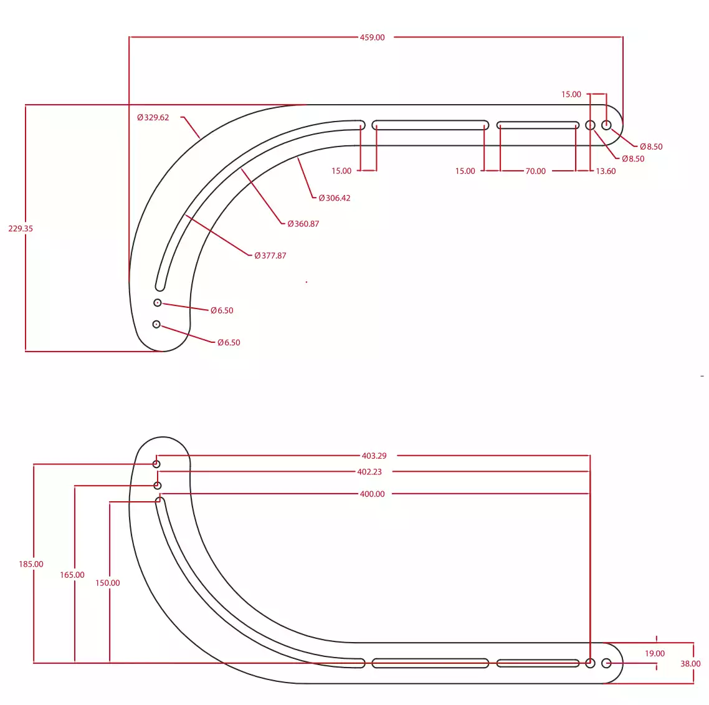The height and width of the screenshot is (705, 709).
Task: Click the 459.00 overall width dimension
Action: [x=372, y=37]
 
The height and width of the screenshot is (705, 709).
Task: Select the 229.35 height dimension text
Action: [x=21, y=229]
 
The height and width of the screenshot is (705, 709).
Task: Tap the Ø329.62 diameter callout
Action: [x=153, y=118]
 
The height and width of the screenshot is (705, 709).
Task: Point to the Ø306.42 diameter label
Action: [x=334, y=198]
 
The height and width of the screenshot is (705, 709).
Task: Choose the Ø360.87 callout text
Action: [x=303, y=224]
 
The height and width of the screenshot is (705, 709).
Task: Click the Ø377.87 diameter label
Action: [x=270, y=256]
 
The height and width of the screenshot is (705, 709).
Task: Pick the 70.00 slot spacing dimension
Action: [x=535, y=171]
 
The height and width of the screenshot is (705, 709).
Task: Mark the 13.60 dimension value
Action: [x=606, y=171]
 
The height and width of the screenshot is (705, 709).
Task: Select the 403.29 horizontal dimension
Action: [x=374, y=456]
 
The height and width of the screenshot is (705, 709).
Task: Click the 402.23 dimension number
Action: [x=369, y=472]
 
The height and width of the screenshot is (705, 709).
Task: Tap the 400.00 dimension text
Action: [x=372, y=494]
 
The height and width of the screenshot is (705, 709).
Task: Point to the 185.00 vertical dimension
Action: [x=31, y=564]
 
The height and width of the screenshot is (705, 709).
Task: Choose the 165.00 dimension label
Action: [x=72, y=575]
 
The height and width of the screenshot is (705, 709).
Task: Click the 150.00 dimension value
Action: [x=108, y=583]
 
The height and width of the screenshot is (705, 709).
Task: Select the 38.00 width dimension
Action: [x=690, y=664]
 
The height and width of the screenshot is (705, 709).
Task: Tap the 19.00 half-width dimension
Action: [x=655, y=653]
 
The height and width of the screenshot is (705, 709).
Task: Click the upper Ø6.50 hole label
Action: [x=222, y=310]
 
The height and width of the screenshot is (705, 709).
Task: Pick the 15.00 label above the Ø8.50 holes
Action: [x=571, y=95]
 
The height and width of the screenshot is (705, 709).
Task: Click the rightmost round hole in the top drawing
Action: [x=606, y=125]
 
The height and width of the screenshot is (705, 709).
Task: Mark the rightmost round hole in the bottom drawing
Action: [x=606, y=663]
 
